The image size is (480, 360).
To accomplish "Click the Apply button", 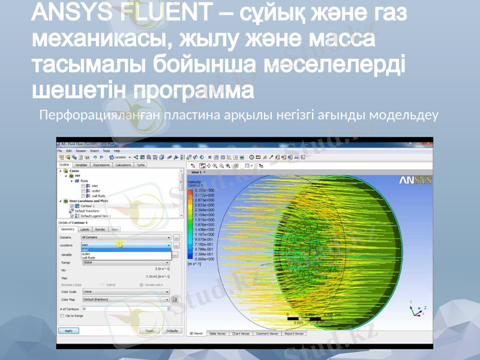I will (68, 331).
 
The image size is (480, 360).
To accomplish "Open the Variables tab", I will (81, 164).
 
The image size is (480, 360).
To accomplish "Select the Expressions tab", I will (101, 164).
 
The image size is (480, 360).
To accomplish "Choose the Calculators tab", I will (123, 164).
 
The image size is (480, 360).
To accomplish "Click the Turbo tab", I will (140, 164).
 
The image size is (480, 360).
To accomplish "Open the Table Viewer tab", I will (217, 333).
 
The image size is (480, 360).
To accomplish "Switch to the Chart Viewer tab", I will (241, 333).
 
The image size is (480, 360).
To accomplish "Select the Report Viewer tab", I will (294, 333).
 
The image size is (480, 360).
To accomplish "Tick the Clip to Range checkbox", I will (62, 315).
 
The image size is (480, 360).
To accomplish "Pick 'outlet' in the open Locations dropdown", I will (86, 254).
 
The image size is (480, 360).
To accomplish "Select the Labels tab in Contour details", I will (85, 229).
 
